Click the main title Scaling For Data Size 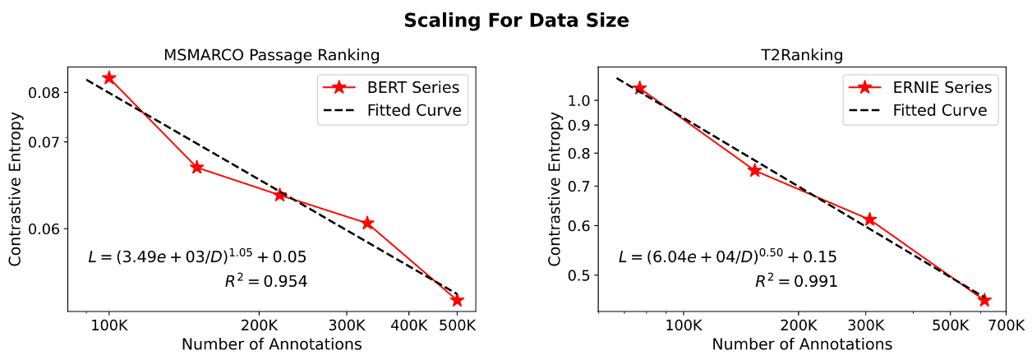516,21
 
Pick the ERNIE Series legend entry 942,86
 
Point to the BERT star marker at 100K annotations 108,77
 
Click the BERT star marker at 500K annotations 457,301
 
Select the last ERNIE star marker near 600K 984,301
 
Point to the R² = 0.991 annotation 796,282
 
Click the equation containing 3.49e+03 198,257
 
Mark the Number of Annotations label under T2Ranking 802,344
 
